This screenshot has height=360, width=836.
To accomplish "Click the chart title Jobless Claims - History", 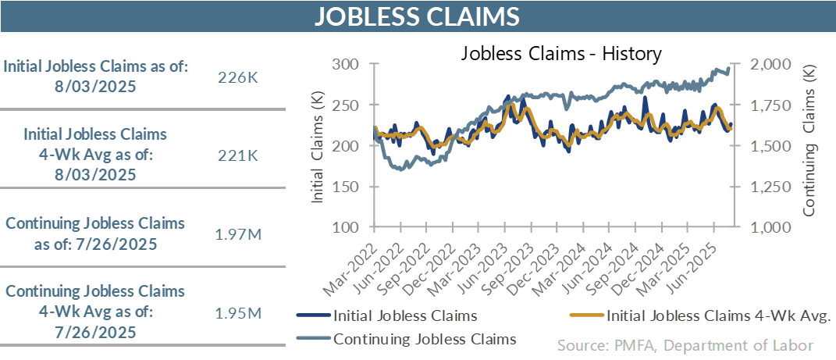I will pyautogui.click(x=561, y=54).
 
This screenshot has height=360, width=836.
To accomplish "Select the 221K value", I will pyautogui.click(x=237, y=155).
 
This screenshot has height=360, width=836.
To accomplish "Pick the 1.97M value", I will pyautogui.click(x=237, y=233).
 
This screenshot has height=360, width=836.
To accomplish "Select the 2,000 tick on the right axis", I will pyautogui.click(x=771, y=65).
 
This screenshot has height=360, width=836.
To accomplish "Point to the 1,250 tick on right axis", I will pyautogui.click(x=771, y=187).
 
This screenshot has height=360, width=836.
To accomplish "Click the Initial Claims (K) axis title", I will pyautogui.click(x=318, y=146).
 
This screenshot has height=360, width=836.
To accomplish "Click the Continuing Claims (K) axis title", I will pyautogui.click(x=809, y=146).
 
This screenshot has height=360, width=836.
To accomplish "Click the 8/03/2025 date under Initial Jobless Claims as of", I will pyautogui.click(x=96, y=85).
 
